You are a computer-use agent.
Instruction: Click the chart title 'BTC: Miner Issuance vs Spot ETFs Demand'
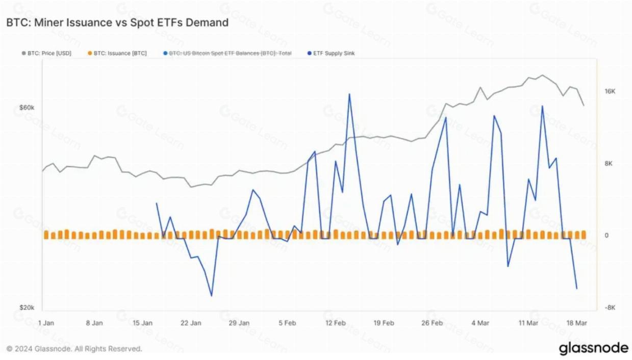[117, 23]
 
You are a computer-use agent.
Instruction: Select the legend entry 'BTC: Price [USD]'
[49, 53]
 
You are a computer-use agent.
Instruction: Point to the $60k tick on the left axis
[27, 108]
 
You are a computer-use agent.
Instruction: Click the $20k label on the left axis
[27, 308]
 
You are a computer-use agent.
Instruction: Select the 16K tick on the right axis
[610, 91]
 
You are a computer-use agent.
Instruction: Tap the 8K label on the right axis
[609, 164]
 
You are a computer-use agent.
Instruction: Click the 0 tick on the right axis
[606, 236]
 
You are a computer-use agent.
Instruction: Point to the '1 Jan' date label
[46, 323]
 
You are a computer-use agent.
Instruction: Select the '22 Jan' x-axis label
[191, 323]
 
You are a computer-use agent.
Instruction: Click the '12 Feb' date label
[335, 323]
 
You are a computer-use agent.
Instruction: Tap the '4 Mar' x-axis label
[481, 323]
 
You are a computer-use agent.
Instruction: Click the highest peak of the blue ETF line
[349, 94]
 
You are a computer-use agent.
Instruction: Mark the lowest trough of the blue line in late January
[211, 296]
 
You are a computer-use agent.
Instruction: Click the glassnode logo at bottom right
[593, 349]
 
